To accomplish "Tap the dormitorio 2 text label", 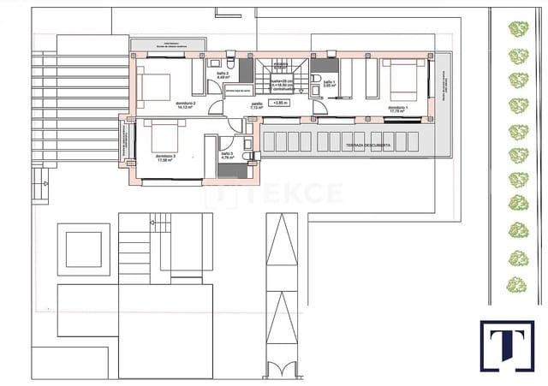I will click(187, 105).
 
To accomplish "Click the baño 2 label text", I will click(221, 74).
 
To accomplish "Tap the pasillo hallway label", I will click(257, 105).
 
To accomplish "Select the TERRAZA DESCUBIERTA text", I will click(369, 146).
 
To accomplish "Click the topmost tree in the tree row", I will click(517, 30).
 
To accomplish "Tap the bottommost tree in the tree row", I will click(515, 284).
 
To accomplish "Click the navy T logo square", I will click(506, 346).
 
